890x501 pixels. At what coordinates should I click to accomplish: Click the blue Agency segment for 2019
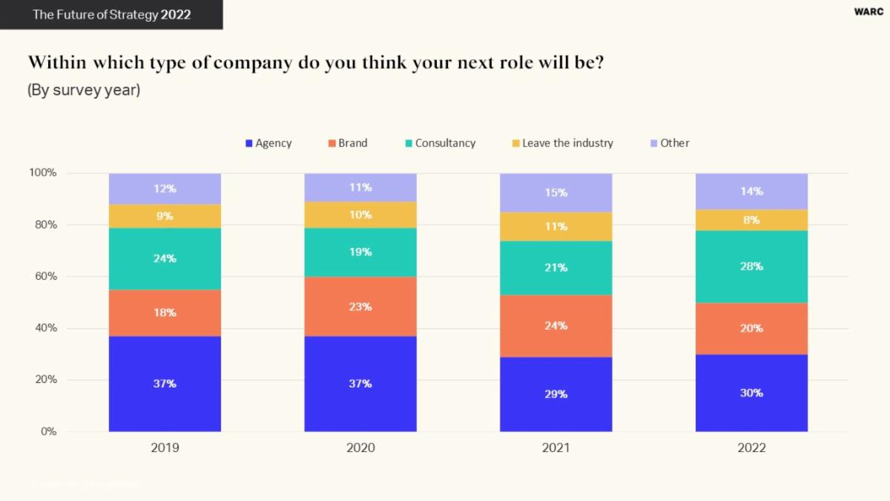tap(165, 384)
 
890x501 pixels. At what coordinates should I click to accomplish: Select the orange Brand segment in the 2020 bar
tap(360, 307)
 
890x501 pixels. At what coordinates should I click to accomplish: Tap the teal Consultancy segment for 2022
tap(751, 266)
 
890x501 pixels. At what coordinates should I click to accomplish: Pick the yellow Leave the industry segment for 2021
tap(556, 226)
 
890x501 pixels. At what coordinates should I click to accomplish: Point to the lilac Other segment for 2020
tap(360, 188)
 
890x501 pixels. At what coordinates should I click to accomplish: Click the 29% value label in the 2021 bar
tap(556, 394)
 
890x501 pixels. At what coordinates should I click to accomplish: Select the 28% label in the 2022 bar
tap(751, 266)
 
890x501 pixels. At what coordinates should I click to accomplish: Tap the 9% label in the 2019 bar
tap(165, 216)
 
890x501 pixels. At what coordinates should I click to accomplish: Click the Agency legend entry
tap(268, 143)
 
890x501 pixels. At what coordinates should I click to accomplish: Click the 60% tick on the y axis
tap(43, 277)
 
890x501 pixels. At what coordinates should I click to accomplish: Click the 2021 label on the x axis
tap(556, 448)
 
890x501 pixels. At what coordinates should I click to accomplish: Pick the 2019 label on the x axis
tap(165, 448)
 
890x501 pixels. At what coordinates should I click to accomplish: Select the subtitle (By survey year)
tap(84, 91)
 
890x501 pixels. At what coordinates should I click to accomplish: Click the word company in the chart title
tap(252, 62)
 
